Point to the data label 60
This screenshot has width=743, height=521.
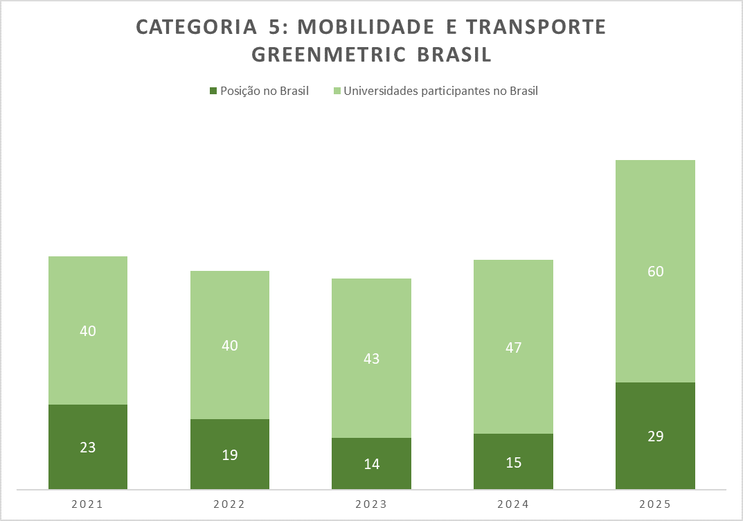pos(655,272)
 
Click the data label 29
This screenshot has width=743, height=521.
pos(655,436)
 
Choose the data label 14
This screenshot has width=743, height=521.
pos(372,464)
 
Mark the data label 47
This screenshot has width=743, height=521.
pos(513,347)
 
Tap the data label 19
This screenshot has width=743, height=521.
pos(230,454)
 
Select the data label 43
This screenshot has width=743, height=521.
pos(372,359)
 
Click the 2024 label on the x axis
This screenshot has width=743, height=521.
pos(513,504)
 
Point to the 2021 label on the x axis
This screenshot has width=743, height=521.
pos(88,504)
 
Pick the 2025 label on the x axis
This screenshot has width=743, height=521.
pos(655,504)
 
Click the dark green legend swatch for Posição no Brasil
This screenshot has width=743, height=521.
pos(213,91)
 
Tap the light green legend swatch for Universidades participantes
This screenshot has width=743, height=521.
pos(337,91)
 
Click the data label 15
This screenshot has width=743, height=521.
pos(513,462)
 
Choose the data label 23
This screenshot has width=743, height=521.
pos(88,448)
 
